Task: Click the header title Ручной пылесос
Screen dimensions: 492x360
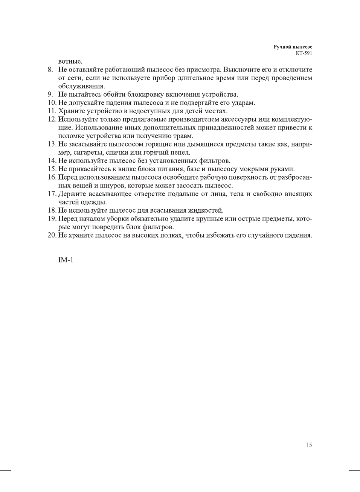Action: point(293,47)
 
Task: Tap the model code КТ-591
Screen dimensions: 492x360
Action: point(304,53)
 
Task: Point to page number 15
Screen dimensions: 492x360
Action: point(309,445)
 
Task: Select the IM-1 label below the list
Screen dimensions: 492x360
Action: point(66,260)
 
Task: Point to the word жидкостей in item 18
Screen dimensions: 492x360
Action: point(206,210)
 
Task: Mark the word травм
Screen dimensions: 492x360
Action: point(183,136)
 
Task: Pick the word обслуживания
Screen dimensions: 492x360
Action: point(82,86)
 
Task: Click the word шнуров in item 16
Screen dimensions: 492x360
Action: point(113,186)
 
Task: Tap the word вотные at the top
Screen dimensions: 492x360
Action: point(70,61)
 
